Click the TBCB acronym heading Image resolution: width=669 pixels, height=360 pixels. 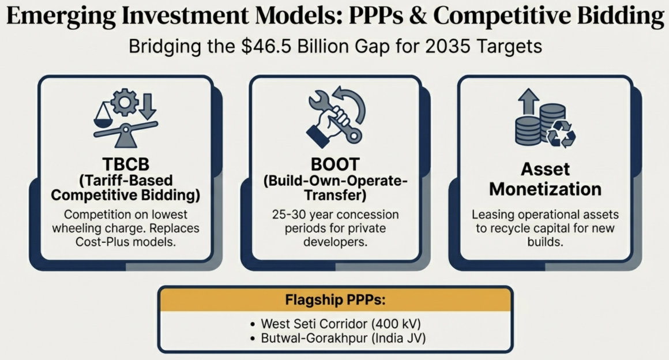[126, 164]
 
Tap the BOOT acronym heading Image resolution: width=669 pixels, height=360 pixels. [335, 164]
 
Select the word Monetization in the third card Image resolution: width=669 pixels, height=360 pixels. [545, 189]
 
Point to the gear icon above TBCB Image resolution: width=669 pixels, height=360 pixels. [125, 102]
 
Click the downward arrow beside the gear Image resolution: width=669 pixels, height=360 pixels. [148, 106]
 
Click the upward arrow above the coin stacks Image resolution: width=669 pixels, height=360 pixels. [529, 101]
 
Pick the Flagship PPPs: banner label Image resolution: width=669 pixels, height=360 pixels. [335, 300]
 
